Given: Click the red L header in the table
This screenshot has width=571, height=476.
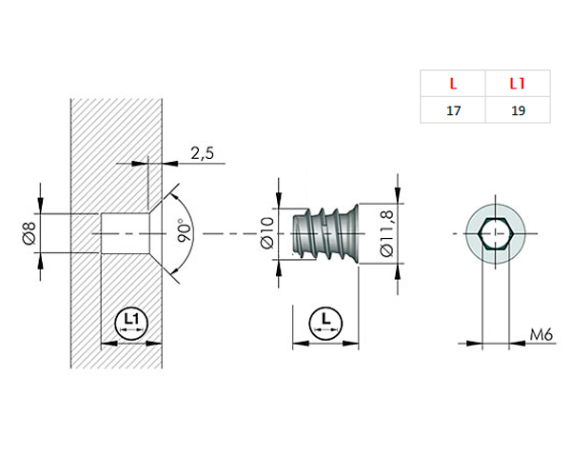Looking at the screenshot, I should tap(453, 83).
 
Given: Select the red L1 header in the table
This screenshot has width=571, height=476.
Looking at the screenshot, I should tap(518, 83).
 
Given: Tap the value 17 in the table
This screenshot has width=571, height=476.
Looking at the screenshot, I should tap(453, 110).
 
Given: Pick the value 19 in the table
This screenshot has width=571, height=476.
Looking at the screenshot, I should tap(518, 110).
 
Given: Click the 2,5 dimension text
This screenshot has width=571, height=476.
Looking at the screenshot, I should tap(202, 152).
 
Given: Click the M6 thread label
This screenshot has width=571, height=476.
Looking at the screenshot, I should tap(541, 334).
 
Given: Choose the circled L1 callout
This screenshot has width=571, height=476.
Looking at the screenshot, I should tap(130, 322).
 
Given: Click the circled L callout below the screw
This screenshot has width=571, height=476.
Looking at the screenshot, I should tap(326, 322).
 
